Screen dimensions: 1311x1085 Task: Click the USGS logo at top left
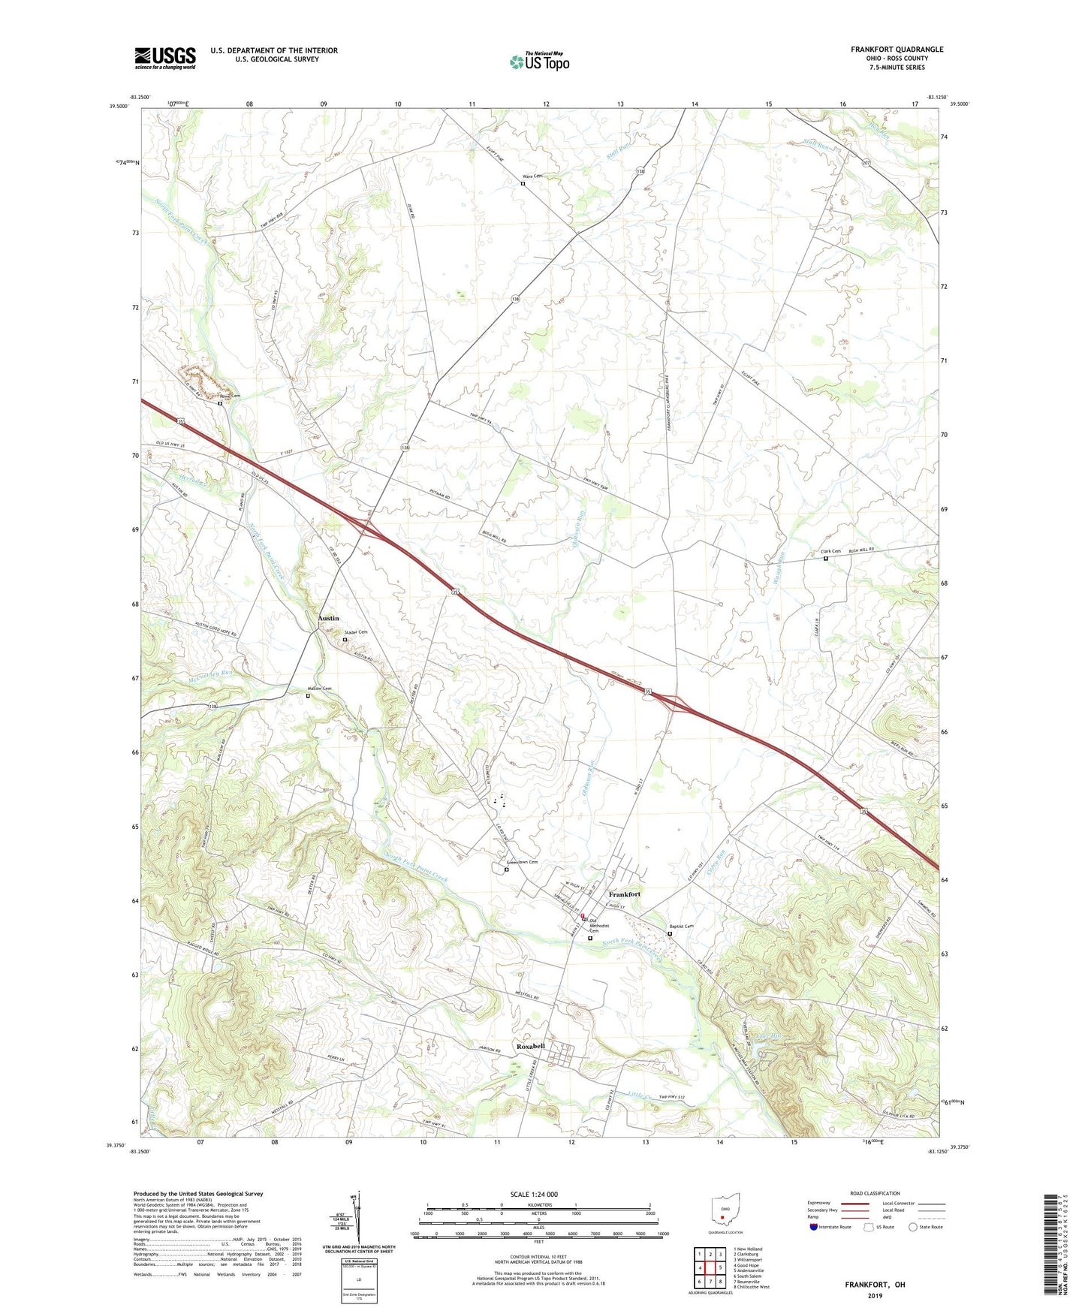(x=165, y=57)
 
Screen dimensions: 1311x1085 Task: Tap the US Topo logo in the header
(x=538, y=62)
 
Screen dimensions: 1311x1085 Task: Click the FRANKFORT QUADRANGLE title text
(x=897, y=50)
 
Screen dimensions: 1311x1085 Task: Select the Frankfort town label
(x=624, y=894)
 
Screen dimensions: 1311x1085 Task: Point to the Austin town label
(x=328, y=618)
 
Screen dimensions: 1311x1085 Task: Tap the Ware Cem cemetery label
(x=532, y=176)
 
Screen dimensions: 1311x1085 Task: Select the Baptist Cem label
(x=681, y=926)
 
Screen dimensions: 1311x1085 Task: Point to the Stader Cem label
(x=356, y=632)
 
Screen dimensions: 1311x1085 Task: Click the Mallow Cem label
(x=319, y=689)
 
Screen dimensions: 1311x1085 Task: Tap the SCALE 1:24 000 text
(x=534, y=1194)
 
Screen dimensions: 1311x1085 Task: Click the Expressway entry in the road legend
(x=823, y=1203)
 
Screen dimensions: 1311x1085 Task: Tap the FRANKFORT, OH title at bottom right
(x=875, y=1285)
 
